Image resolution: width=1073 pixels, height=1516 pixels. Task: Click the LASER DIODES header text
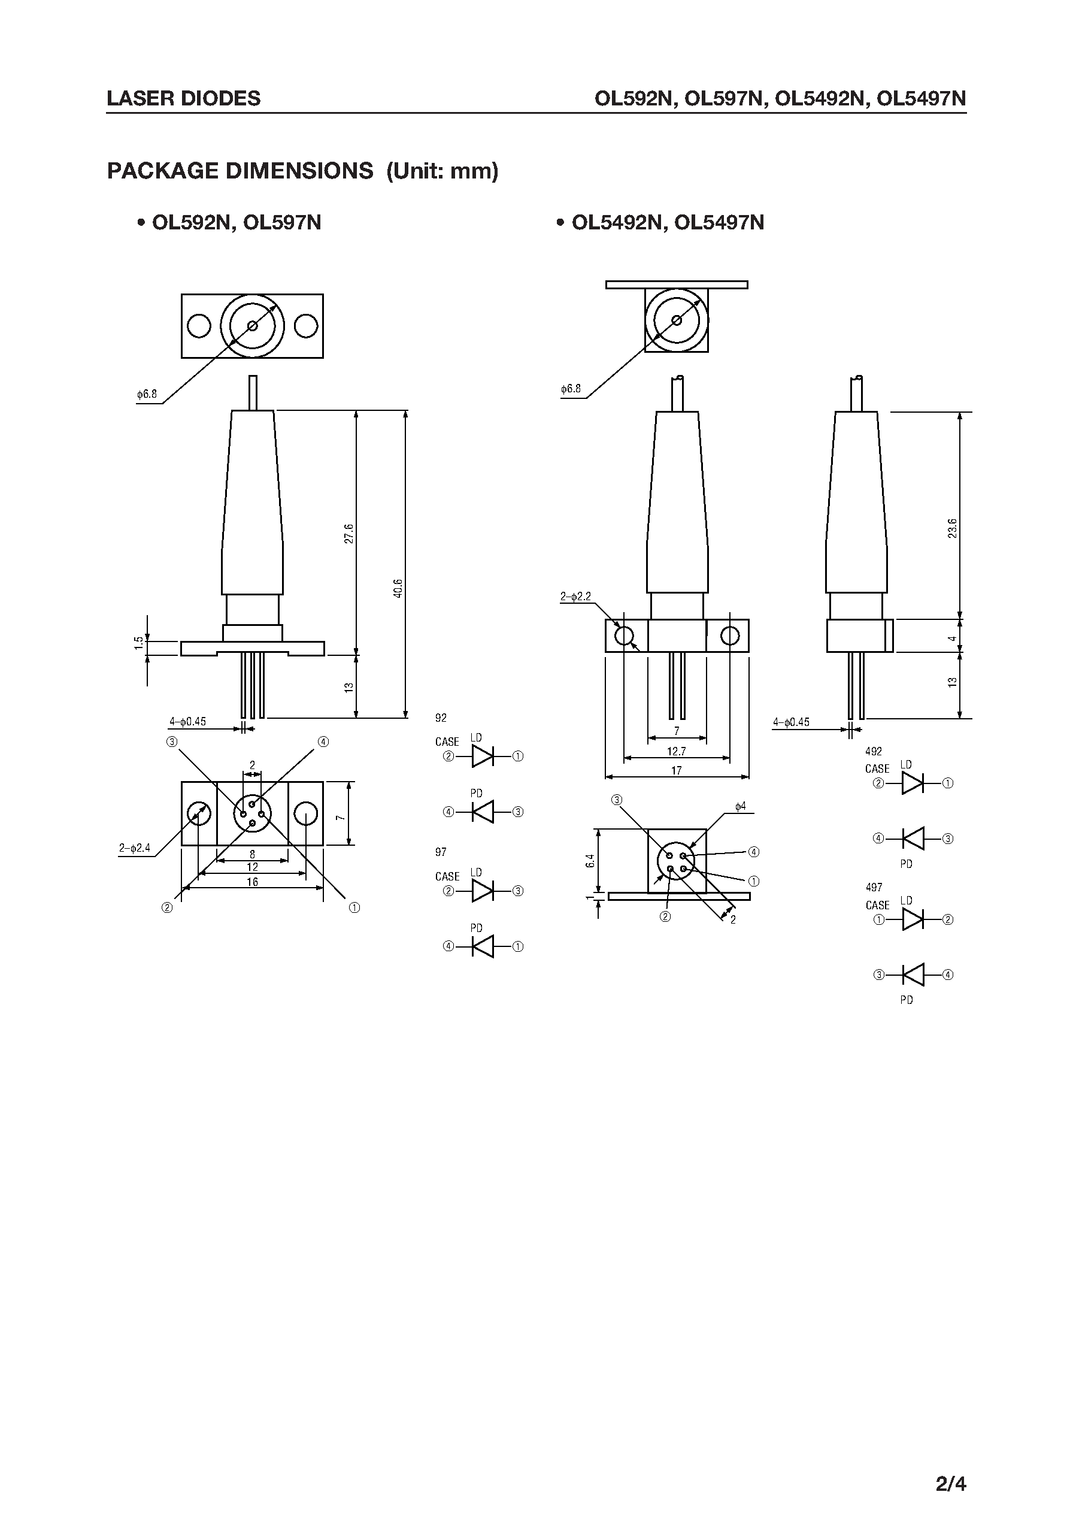click(184, 98)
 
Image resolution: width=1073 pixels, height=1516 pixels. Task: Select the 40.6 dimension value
click(397, 588)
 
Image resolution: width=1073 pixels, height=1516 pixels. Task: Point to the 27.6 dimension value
click(349, 533)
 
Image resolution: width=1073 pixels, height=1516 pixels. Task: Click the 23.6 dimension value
click(951, 529)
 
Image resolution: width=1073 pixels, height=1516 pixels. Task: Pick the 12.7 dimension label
click(677, 751)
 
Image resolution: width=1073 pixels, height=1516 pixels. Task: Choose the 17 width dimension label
click(676, 770)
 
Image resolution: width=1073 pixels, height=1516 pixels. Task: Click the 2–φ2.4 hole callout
click(135, 848)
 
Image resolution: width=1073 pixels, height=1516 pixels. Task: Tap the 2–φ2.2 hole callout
click(575, 596)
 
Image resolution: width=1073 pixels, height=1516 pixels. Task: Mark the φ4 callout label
click(740, 806)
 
